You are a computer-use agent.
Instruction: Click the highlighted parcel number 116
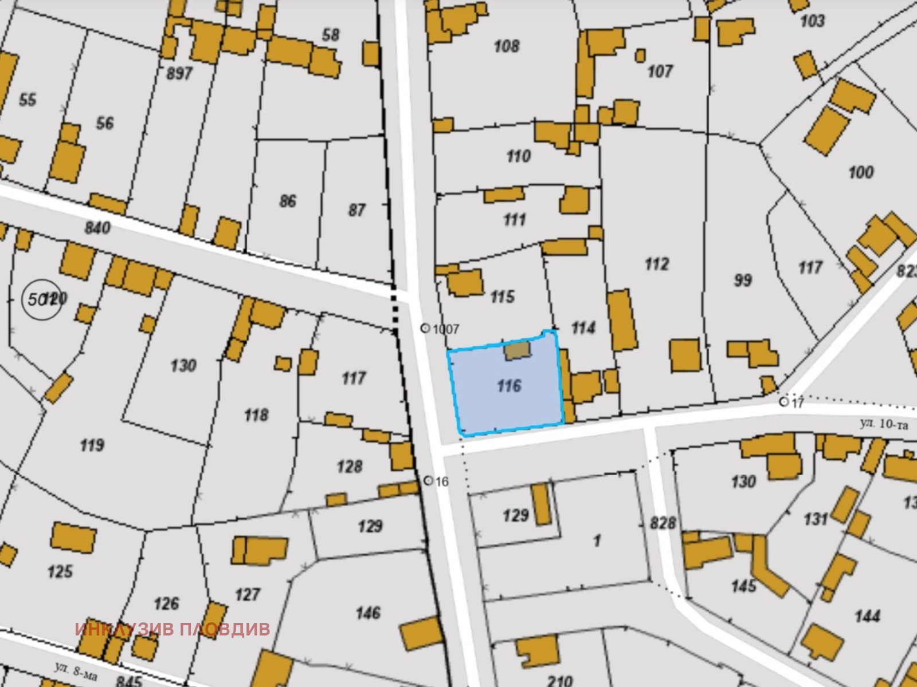pyautogui.click(x=509, y=386)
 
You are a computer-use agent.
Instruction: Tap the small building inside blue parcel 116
pyautogui.click(x=518, y=350)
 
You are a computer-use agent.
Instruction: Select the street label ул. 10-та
pyautogui.click(x=884, y=424)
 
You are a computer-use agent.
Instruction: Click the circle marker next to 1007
pyautogui.click(x=425, y=328)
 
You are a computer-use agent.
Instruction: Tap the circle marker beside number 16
pyautogui.click(x=428, y=481)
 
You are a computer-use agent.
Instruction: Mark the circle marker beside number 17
pyautogui.click(x=783, y=402)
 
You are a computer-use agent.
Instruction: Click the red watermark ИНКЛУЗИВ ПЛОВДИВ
pyautogui.click(x=172, y=629)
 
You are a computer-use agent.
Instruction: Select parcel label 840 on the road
pyautogui.click(x=97, y=228)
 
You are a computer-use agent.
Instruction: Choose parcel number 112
pyautogui.click(x=657, y=264)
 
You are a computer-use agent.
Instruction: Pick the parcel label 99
pyautogui.click(x=742, y=280)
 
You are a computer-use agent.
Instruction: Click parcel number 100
pyautogui.click(x=860, y=172)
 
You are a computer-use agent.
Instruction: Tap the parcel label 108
pyautogui.click(x=506, y=46)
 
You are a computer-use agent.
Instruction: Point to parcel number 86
pyautogui.click(x=288, y=201)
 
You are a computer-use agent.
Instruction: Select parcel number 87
pyautogui.click(x=356, y=210)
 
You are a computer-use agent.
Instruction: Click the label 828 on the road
pyautogui.click(x=663, y=523)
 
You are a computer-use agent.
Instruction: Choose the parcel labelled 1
pyautogui.click(x=597, y=540)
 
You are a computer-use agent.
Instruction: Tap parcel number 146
pyautogui.click(x=367, y=613)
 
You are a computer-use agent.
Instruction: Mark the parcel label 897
pyautogui.click(x=179, y=73)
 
